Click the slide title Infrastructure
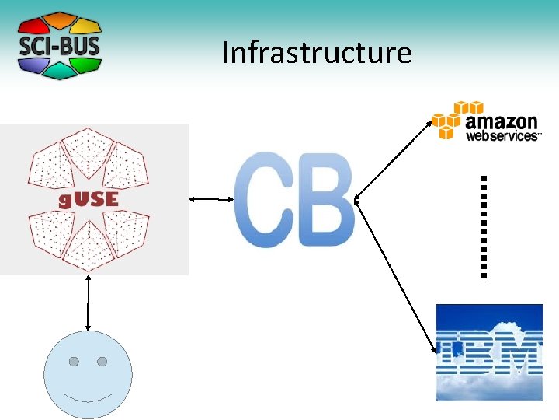pos(316,53)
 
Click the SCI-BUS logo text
pos(60,45)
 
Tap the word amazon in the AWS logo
pos(501,122)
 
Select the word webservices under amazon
pos(501,136)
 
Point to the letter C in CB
pos(264,200)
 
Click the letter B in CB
pos(326,200)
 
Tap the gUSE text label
pos(89,198)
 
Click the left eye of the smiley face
pos(74,362)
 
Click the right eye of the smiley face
pos(102,362)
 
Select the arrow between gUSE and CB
pos(212,200)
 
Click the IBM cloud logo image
pos(488,352)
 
